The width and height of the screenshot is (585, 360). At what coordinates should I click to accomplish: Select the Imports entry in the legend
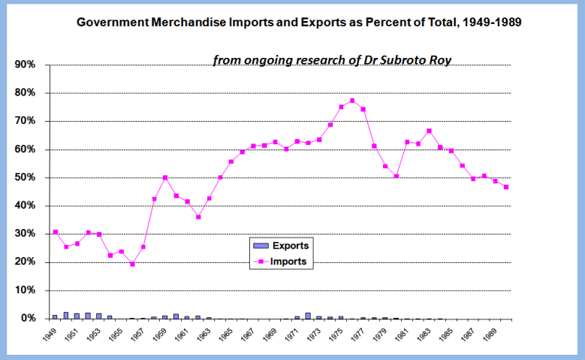[289, 262]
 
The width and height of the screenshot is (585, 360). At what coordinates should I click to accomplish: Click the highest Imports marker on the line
[352, 101]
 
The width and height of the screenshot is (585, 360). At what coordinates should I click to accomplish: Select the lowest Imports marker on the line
[132, 264]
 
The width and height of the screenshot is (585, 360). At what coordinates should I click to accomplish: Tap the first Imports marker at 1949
[56, 232]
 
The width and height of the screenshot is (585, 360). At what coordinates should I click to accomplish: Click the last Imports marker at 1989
[506, 187]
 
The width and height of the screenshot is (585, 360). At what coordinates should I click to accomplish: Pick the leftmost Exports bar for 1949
[55, 316]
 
